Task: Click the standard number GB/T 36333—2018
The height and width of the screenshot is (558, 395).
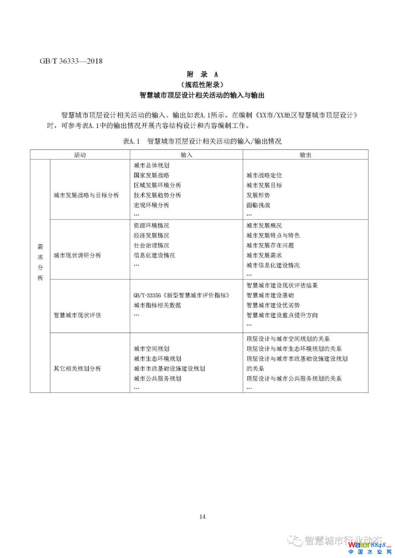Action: pos(71,61)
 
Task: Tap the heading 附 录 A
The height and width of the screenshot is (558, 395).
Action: pos(202,75)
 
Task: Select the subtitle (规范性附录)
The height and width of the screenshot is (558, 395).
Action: pos(202,85)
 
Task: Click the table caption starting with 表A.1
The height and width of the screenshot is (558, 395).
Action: pos(202,141)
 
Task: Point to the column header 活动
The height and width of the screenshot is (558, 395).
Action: pos(80,155)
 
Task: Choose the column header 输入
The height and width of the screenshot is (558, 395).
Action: pos(186,155)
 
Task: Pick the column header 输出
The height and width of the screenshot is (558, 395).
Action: pos(305,155)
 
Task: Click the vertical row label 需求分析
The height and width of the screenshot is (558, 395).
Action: pos(40,262)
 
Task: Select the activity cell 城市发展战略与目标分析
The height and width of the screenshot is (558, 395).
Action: pos(86,195)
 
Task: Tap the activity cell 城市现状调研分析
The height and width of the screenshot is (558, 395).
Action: pos(77,255)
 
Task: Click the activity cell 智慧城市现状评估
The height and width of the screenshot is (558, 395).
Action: pos(77,315)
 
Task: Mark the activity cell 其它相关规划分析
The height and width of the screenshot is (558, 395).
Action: pos(77,368)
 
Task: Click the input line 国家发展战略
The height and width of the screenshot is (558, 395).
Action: pos(151,175)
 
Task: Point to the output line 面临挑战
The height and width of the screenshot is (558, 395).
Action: pos(258,205)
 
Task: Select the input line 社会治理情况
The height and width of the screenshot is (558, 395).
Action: pos(151,245)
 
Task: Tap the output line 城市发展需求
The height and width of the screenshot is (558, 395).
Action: pos(264,255)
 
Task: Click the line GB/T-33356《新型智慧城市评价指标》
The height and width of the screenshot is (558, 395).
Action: pos(181,295)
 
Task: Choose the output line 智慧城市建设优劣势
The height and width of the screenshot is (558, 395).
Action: pos(273,305)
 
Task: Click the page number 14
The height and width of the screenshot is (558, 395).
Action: pos(203,516)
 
